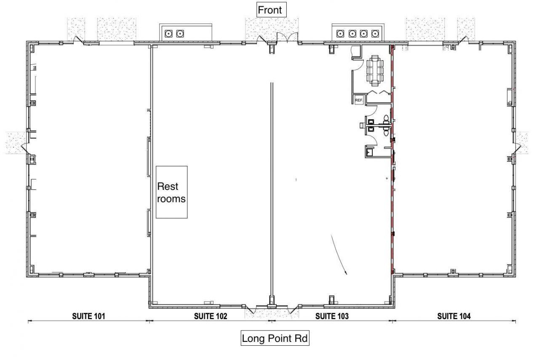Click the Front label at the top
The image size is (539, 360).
tap(270, 10)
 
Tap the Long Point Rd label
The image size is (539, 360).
tap(276, 339)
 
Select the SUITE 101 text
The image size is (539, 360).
tap(88, 316)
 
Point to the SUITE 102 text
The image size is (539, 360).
tap(210, 316)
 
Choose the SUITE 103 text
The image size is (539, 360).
tap(332, 316)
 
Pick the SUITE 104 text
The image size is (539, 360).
tap(454, 316)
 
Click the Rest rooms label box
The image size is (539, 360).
tap(171, 192)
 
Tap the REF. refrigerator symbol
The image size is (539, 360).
tap(359, 100)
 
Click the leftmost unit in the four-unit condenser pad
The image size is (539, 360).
tap(340, 33)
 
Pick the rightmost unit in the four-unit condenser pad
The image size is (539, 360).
tap(374, 33)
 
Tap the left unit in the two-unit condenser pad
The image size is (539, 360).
tap(169, 33)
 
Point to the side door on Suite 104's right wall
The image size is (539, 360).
tap(517, 148)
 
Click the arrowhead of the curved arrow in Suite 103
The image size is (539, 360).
tap(346, 273)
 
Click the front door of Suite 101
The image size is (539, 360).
tap(78, 40)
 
